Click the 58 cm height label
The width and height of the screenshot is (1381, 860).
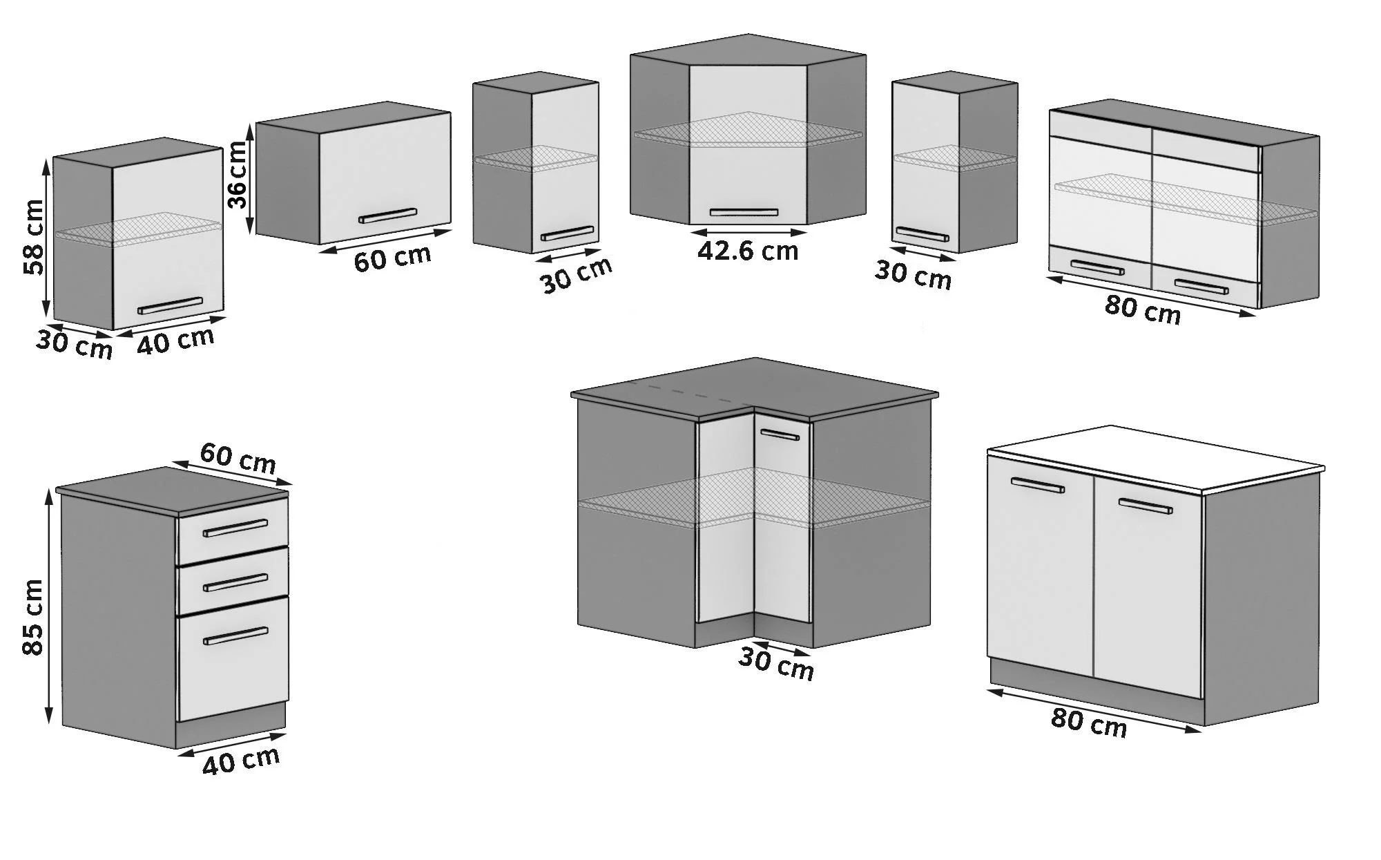pyautogui.click(x=32, y=238)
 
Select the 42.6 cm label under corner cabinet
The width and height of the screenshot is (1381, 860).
pyautogui.click(x=747, y=251)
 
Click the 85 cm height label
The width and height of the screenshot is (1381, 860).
pyautogui.click(x=32, y=618)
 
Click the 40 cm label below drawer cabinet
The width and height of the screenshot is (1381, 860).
pyautogui.click(x=241, y=761)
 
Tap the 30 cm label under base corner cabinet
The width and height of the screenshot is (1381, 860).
pyautogui.click(x=775, y=664)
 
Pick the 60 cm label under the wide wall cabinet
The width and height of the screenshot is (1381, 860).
pyautogui.click(x=392, y=258)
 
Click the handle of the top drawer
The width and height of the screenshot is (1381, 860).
pyautogui.click(x=235, y=528)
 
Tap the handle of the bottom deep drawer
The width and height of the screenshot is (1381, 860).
pyautogui.click(x=235, y=636)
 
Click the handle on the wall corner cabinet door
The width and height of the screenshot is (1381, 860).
pyautogui.click(x=744, y=212)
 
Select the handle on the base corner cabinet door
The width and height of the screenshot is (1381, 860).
pyautogui.click(x=780, y=434)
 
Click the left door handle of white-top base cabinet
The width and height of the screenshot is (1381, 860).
pyautogui.click(x=1037, y=485)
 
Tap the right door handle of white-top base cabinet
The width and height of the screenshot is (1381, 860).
pyautogui.click(x=1145, y=506)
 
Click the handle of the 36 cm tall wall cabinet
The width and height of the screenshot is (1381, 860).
pyautogui.click(x=387, y=215)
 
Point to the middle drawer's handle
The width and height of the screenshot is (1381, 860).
pyautogui.click(x=235, y=583)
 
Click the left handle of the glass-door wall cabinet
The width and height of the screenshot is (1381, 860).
pyautogui.click(x=1097, y=267)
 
